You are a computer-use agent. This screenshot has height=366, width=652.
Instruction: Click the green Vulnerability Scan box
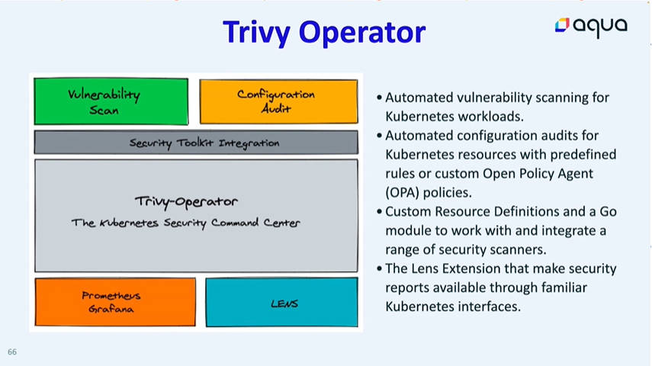[111, 101]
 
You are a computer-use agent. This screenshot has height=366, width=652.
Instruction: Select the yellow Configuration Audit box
[278, 101]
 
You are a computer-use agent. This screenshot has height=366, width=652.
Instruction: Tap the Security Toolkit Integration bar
[196, 143]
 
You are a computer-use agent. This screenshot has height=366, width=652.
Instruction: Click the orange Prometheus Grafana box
[115, 302]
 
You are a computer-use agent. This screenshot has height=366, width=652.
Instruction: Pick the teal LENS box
[281, 302]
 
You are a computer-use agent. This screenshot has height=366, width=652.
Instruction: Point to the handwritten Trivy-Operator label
[186, 202]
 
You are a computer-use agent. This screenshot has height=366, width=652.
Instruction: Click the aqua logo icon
[562, 25]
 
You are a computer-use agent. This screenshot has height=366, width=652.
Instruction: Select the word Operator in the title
[362, 33]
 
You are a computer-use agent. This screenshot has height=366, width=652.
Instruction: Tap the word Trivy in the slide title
[256, 33]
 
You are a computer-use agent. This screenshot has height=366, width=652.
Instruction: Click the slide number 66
[12, 352]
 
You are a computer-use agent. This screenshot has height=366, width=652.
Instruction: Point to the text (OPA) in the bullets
[402, 193]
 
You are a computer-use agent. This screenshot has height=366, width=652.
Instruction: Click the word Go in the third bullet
[608, 212]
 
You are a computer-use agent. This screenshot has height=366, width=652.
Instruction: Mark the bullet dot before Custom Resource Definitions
[379, 212]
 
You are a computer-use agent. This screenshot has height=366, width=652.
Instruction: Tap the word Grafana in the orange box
[111, 309]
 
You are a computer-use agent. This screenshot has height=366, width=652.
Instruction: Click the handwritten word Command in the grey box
[235, 223]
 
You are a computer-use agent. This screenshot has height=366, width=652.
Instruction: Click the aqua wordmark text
[600, 27]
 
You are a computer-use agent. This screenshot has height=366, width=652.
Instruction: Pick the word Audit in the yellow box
[276, 108]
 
